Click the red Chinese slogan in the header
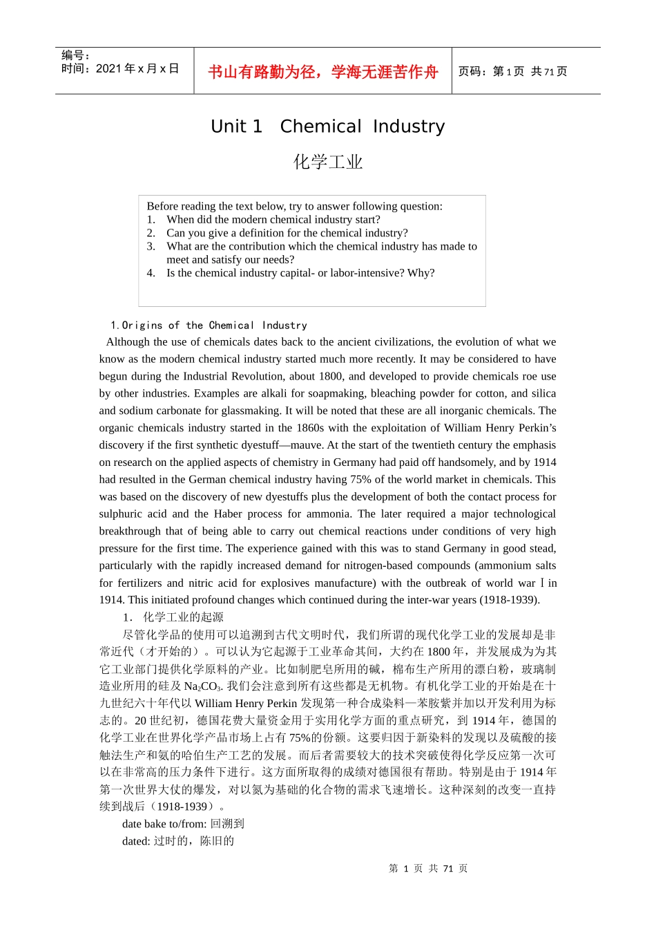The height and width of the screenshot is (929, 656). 322,72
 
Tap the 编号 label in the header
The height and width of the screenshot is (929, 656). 75,55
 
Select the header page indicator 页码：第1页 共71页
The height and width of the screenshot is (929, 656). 512,71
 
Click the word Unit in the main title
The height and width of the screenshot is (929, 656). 236,126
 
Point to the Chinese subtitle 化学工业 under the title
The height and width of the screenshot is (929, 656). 328,162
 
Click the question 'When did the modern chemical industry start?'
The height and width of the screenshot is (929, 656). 273,219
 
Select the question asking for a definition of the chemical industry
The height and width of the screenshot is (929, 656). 287,233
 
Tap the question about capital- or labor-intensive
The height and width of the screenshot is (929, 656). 300,273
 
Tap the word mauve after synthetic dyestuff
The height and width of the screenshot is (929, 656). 306,445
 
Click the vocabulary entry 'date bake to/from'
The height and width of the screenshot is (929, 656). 164,824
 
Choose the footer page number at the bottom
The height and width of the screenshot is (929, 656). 428,869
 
